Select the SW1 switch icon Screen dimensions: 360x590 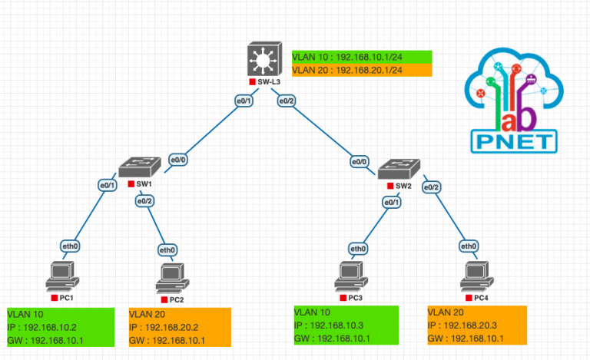tap(141, 167)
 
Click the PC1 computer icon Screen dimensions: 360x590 tap(61, 276)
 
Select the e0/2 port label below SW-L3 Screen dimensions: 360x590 tap(287, 101)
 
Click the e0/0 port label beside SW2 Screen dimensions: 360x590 tap(359, 162)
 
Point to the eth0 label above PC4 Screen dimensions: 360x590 tap(469, 246)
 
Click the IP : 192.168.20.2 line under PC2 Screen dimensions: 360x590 tap(165, 327)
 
